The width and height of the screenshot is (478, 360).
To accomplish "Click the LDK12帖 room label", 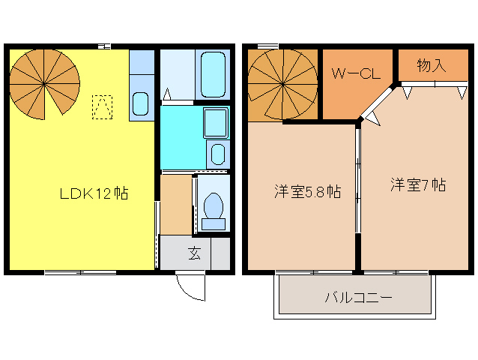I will [94, 193].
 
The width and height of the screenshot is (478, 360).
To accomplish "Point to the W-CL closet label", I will [358, 74].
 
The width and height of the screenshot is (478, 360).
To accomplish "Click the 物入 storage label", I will [432, 65].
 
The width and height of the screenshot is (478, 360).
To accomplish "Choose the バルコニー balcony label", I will [358, 297].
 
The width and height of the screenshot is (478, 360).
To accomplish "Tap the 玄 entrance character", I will [194, 253].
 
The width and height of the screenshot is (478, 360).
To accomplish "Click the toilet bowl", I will [214, 206].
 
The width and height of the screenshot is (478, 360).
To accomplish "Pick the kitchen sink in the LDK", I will [140, 103].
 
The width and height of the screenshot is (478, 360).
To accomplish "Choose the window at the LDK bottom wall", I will [80, 272].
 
